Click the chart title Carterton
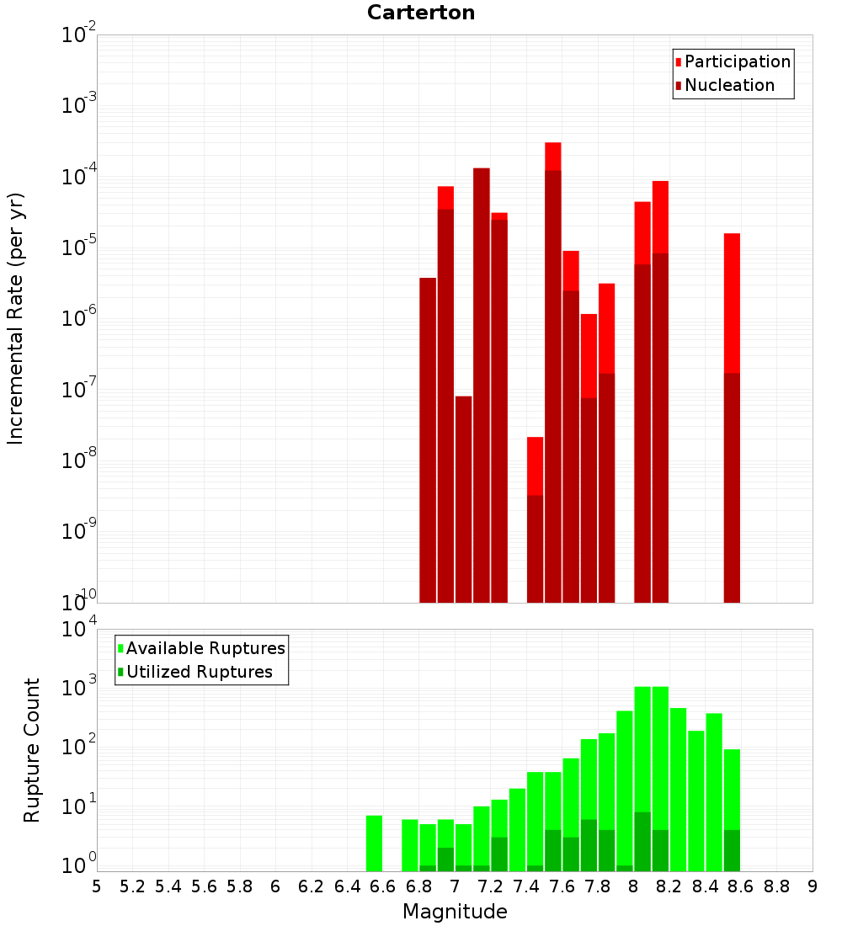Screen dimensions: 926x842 421,13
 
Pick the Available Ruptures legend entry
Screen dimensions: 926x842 205,648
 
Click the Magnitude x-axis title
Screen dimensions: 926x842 455,912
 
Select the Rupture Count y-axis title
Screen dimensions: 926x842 32,749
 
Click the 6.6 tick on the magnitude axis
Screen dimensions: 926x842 383,886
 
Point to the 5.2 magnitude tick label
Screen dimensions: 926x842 132,886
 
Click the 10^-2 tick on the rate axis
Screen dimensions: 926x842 79,35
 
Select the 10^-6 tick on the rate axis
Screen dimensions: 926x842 79,319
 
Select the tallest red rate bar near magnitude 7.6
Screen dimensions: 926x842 552,370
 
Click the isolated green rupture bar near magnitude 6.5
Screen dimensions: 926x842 374,843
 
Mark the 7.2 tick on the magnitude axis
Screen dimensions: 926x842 490,886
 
